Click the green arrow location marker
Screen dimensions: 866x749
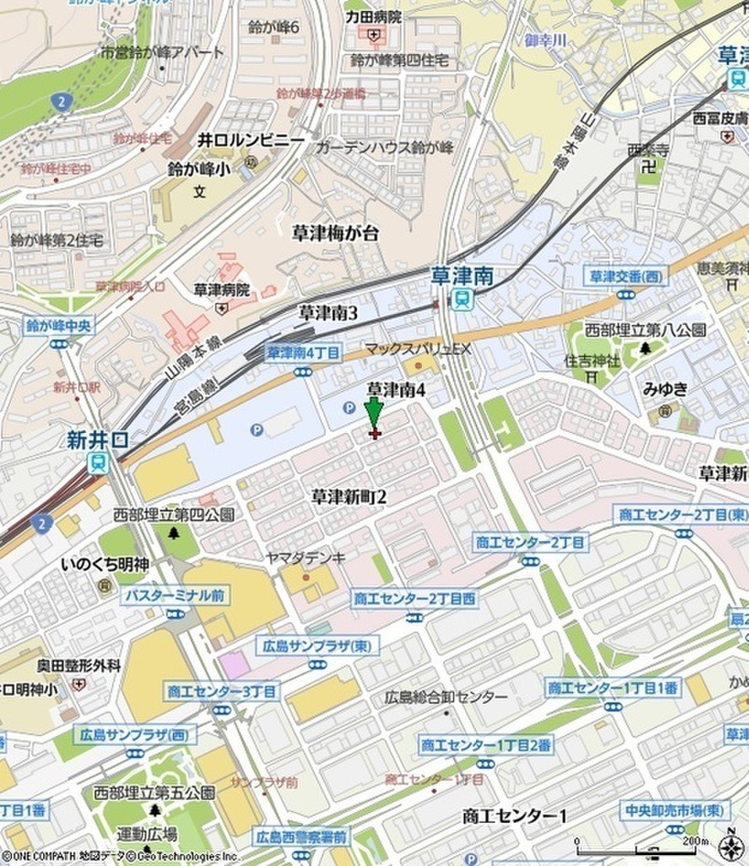tap(373, 414)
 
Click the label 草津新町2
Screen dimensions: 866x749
tap(348, 496)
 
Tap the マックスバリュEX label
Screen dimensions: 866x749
tap(417, 348)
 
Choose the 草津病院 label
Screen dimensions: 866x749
tap(221, 289)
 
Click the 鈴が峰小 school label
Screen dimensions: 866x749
tap(199, 168)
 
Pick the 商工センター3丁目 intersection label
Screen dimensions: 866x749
tap(222, 691)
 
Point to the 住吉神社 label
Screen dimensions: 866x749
tap(592, 361)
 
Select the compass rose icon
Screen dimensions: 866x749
tap(731, 846)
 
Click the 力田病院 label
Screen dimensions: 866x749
tap(373, 16)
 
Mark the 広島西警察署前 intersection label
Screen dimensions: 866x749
tap(300, 837)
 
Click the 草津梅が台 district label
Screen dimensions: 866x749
tap(336, 234)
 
